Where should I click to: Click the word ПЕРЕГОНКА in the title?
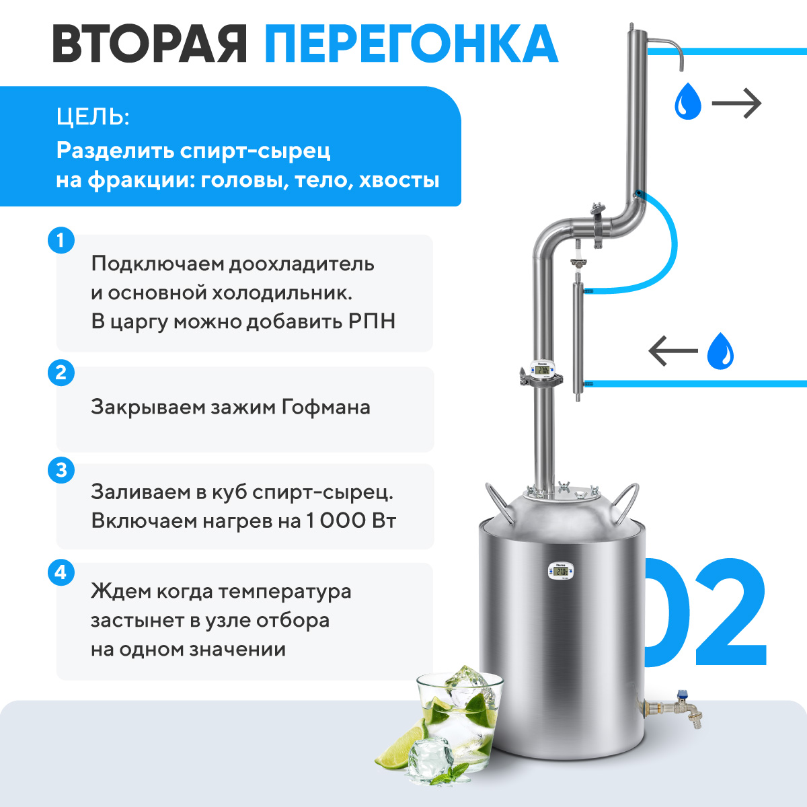click(x=411, y=44)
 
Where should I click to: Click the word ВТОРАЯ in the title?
click(x=149, y=44)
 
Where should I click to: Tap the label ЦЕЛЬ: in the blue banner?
click(x=93, y=117)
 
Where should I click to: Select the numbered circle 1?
click(x=61, y=240)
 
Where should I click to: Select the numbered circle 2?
click(x=61, y=373)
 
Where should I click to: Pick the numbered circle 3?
click(x=61, y=470)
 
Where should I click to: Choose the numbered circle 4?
click(x=61, y=572)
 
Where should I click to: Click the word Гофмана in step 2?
click(x=325, y=407)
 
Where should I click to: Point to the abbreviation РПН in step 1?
click(x=372, y=321)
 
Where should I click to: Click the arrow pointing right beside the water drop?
click(x=736, y=103)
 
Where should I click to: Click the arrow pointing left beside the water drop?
click(x=673, y=350)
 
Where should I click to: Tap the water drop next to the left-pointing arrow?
click(x=720, y=351)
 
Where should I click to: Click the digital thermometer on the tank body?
click(x=561, y=571)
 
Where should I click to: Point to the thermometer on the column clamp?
click(x=542, y=369)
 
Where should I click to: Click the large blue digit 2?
click(x=731, y=611)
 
